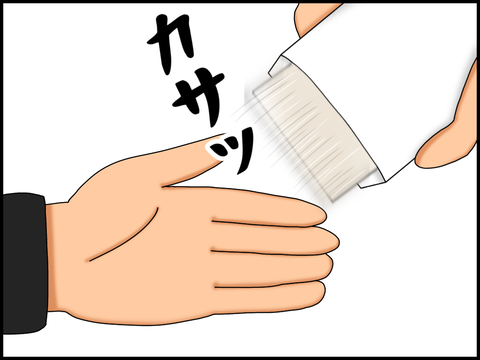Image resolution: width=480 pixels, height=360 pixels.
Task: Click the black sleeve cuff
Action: [24, 263]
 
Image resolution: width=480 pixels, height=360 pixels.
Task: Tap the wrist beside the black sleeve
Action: [57, 257]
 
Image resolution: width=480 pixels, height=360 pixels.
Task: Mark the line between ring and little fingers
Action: [267, 284]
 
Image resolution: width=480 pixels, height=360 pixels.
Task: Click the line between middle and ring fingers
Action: [268, 252]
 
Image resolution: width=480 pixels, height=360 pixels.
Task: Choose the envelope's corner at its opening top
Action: [282, 55]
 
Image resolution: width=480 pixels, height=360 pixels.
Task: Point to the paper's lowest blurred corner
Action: [332, 201]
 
